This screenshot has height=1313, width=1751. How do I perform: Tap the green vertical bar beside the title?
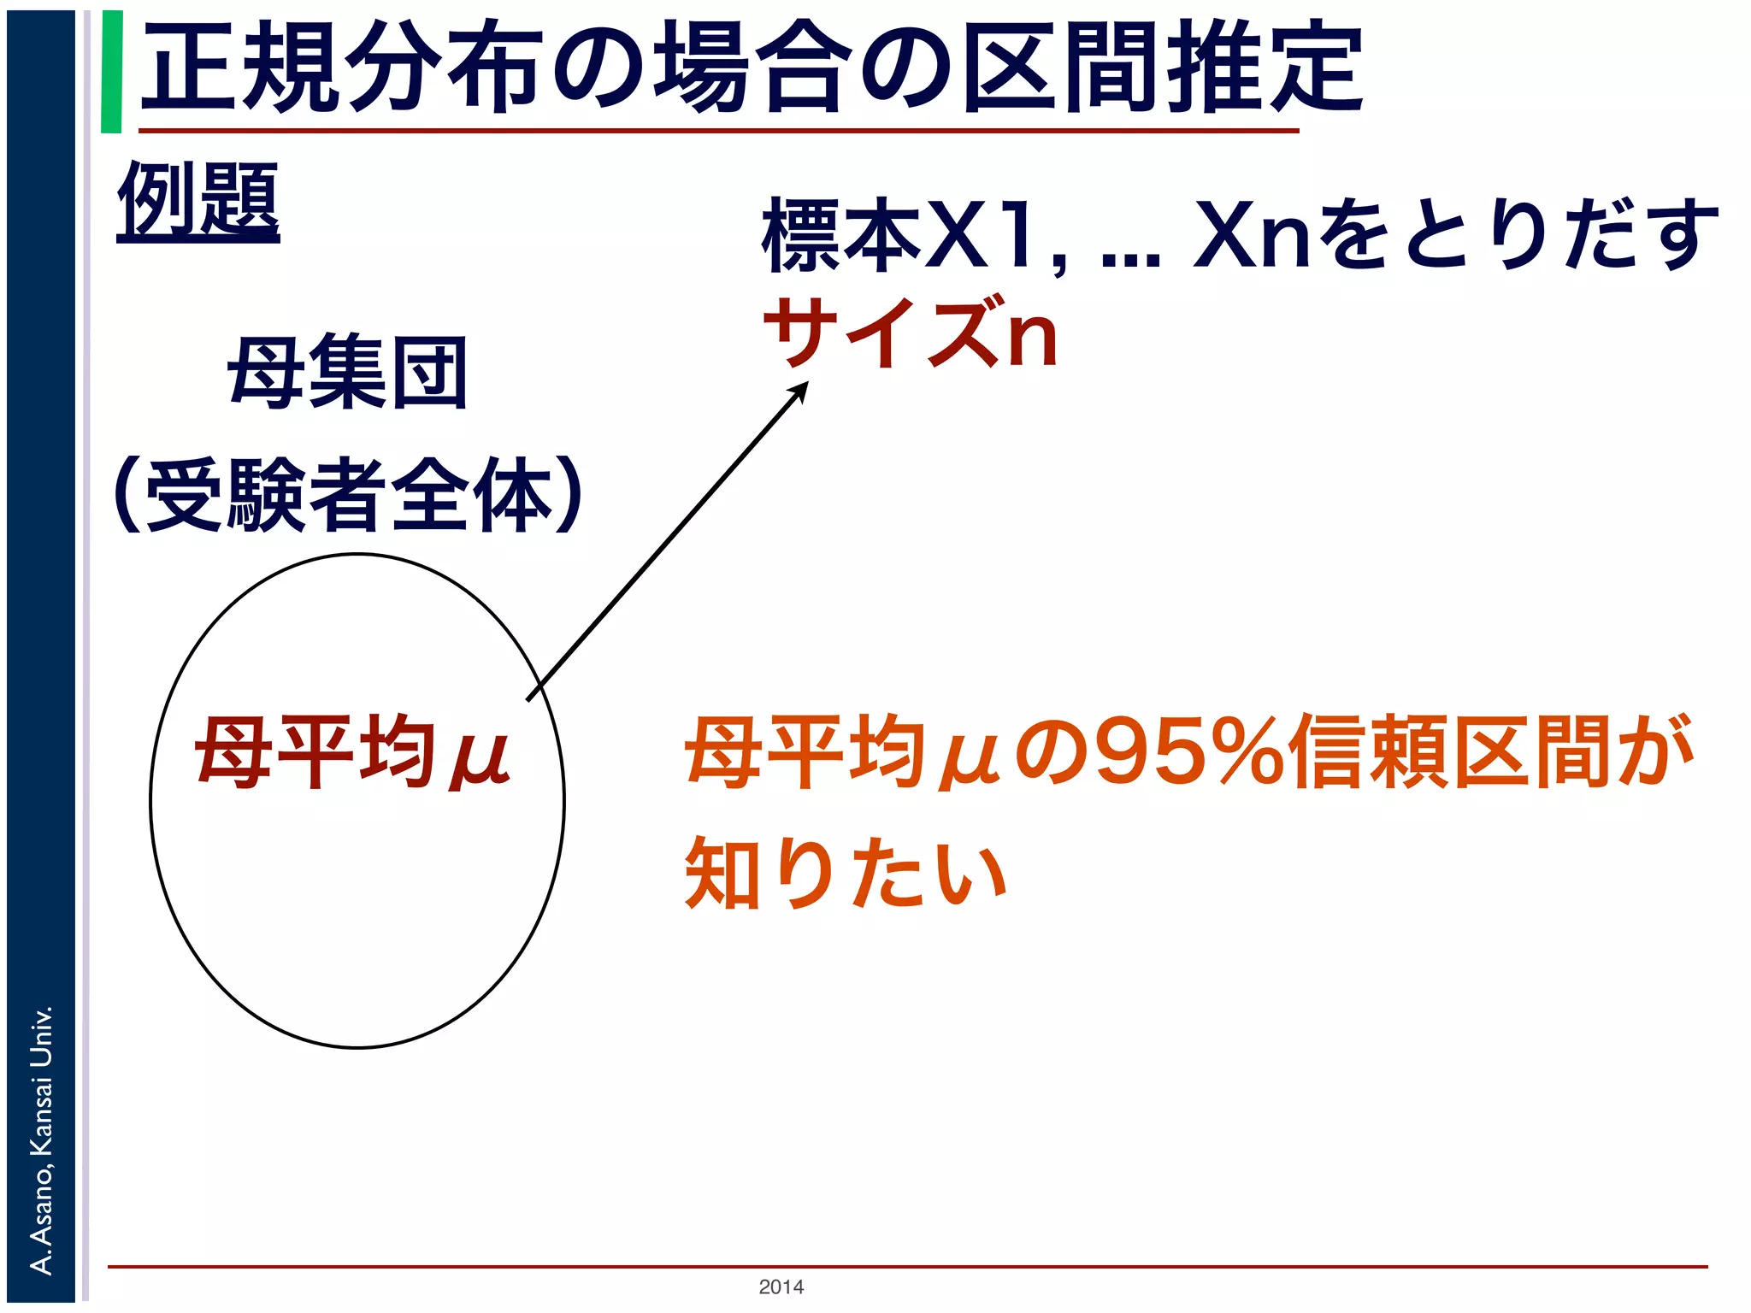click(111, 72)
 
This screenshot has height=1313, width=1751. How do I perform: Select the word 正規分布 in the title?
click(342, 68)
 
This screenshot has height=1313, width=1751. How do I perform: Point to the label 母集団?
click(347, 373)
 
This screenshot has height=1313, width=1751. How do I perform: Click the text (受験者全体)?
click(347, 496)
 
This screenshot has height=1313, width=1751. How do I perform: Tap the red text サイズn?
click(911, 333)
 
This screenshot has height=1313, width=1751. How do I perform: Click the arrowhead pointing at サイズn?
click(799, 391)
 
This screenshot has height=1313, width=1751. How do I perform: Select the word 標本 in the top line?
click(841, 235)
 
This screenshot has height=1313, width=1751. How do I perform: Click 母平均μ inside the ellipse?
click(352, 752)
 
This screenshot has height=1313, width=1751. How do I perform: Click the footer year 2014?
click(781, 1287)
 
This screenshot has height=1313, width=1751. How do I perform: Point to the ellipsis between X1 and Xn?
click(1130, 256)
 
